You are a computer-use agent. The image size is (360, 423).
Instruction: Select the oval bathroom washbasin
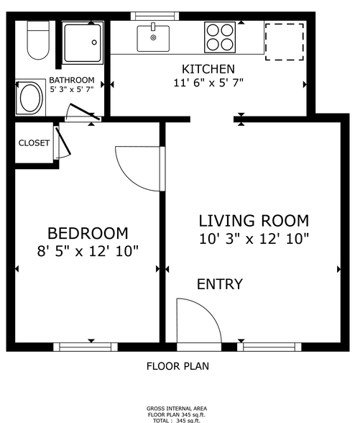pyautogui.click(x=30, y=98)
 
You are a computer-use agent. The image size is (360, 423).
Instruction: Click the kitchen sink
pyautogui.click(x=153, y=37)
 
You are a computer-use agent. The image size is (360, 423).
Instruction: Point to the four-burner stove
pyautogui.click(x=221, y=37)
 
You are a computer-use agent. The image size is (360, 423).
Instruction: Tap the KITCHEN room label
pyautogui.click(x=208, y=69)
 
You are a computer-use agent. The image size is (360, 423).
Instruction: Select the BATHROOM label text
pyautogui.click(x=72, y=80)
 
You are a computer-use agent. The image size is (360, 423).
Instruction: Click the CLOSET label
pyautogui.click(x=34, y=143)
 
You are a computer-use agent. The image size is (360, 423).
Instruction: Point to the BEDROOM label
pyautogui.click(x=88, y=234)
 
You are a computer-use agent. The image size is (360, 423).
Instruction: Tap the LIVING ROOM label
pyautogui.click(x=254, y=221)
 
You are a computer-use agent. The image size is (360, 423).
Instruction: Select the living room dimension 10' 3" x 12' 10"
pyautogui.click(x=254, y=238)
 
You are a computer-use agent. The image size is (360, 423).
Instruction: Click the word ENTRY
pyautogui.click(x=220, y=285)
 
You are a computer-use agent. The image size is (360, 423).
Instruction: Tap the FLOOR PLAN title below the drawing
pyautogui.click(x=177, y=365)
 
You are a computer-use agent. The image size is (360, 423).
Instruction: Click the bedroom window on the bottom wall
pyautogui.click(x=86, y=347)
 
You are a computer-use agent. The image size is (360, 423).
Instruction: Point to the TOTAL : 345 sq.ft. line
pyautogui.click(x=177, y=419)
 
